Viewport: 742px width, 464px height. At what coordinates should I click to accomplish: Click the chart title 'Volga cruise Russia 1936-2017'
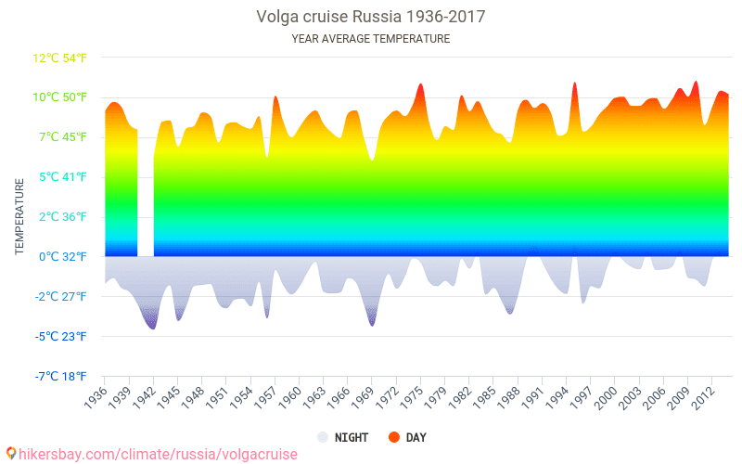(x=370, y=17)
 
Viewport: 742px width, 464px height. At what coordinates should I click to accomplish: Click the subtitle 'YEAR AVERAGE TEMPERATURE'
(x=370, y=39)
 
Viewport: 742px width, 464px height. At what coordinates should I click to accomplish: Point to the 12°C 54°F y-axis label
(x=60, y=58)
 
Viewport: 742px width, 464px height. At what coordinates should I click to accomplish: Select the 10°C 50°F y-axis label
(x=60, y=97)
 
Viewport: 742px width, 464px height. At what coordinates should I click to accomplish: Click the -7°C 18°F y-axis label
(x=61, y=376)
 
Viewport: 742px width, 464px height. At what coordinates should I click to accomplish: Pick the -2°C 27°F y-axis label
(x=61, y=296)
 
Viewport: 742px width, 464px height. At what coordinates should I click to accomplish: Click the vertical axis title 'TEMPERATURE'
(x=19, y=217)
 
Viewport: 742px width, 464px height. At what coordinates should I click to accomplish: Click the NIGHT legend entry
(x=342, y=437)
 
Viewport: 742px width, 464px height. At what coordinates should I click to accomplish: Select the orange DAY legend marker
(x=393, y=437)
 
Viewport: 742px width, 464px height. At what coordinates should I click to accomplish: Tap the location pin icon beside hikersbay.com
(x=10, y=454)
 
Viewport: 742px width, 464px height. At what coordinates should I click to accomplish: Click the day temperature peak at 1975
(x=420, y=85)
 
